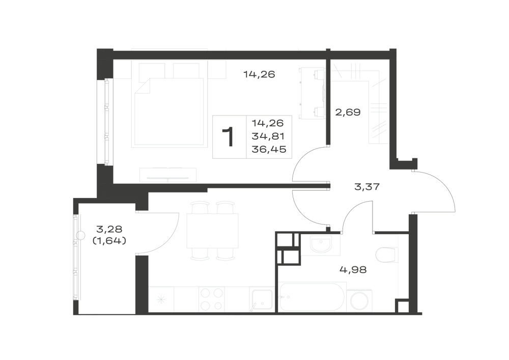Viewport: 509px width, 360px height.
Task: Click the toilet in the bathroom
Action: tap(387, 255)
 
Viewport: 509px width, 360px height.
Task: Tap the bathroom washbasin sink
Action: tap(320, 244)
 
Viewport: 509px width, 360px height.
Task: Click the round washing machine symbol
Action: tap(359, 301)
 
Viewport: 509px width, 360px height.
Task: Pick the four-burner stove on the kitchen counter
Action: tap(212, 299)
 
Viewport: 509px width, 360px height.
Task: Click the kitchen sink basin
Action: tap(262, 299)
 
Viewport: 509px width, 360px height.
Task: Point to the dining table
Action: tap(212, 231)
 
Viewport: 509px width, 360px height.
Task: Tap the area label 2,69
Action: tap(348, 113)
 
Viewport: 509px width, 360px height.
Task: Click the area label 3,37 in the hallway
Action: tap(367, 187)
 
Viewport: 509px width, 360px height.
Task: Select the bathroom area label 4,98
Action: tap(353, 270)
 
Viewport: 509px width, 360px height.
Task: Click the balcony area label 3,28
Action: tap(109, 229)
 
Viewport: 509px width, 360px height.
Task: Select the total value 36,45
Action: tap(269, 149)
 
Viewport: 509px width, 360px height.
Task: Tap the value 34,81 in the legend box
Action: tap(268, 136)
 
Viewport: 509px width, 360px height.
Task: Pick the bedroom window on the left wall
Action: tap(106, 122)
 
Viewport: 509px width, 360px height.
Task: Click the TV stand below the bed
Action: tap(168, 175)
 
